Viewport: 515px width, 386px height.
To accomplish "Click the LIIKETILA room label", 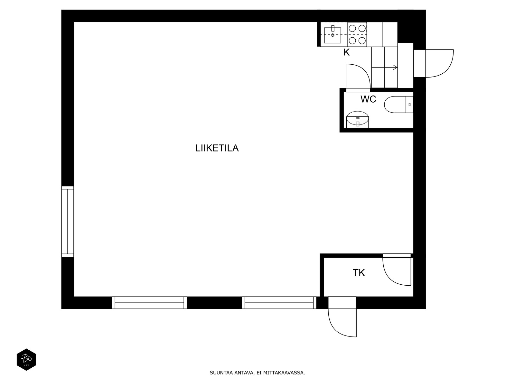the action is pos(217,148).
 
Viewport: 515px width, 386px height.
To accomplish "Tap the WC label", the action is pos(368,99).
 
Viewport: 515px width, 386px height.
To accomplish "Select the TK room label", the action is pos(359,273).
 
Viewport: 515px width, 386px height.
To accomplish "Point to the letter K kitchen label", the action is pos(346,52).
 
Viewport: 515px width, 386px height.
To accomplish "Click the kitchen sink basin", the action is pos(332,35).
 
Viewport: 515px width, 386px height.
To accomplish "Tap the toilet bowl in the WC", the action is pos(395,105).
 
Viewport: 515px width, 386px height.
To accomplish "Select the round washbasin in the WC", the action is pos(357,118).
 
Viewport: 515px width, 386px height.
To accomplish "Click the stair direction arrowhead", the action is pos(395,68).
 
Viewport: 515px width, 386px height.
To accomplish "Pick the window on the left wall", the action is pos(68,222).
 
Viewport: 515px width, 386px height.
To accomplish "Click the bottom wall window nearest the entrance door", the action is pos(279,303).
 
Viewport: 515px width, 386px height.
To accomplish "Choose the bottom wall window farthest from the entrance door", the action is pos(149,303).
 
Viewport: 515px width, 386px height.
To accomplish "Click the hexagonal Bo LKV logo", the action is pos(26,360).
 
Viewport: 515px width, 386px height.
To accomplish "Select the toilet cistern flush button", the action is pos(409,105).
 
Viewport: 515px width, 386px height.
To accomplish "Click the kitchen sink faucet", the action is pos(333,29).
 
